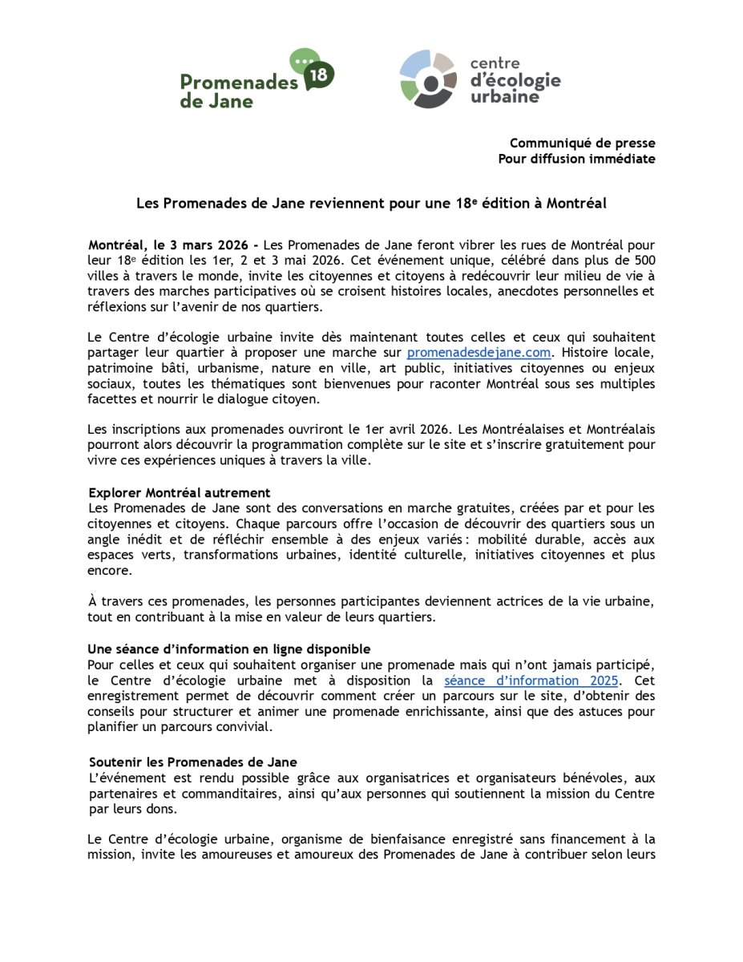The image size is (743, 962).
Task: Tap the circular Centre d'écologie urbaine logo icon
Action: tap(428, 78)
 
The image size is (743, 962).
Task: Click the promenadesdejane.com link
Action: tap(479, 353)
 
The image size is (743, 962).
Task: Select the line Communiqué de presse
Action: tap(582, 143)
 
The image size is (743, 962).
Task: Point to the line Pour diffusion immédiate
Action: tap(576, 159)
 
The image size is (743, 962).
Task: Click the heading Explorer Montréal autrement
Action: tap(180, 492)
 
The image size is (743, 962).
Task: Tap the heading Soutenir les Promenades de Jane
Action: tap(193, 762)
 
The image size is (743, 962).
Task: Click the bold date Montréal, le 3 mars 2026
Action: tap(168, 244)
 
